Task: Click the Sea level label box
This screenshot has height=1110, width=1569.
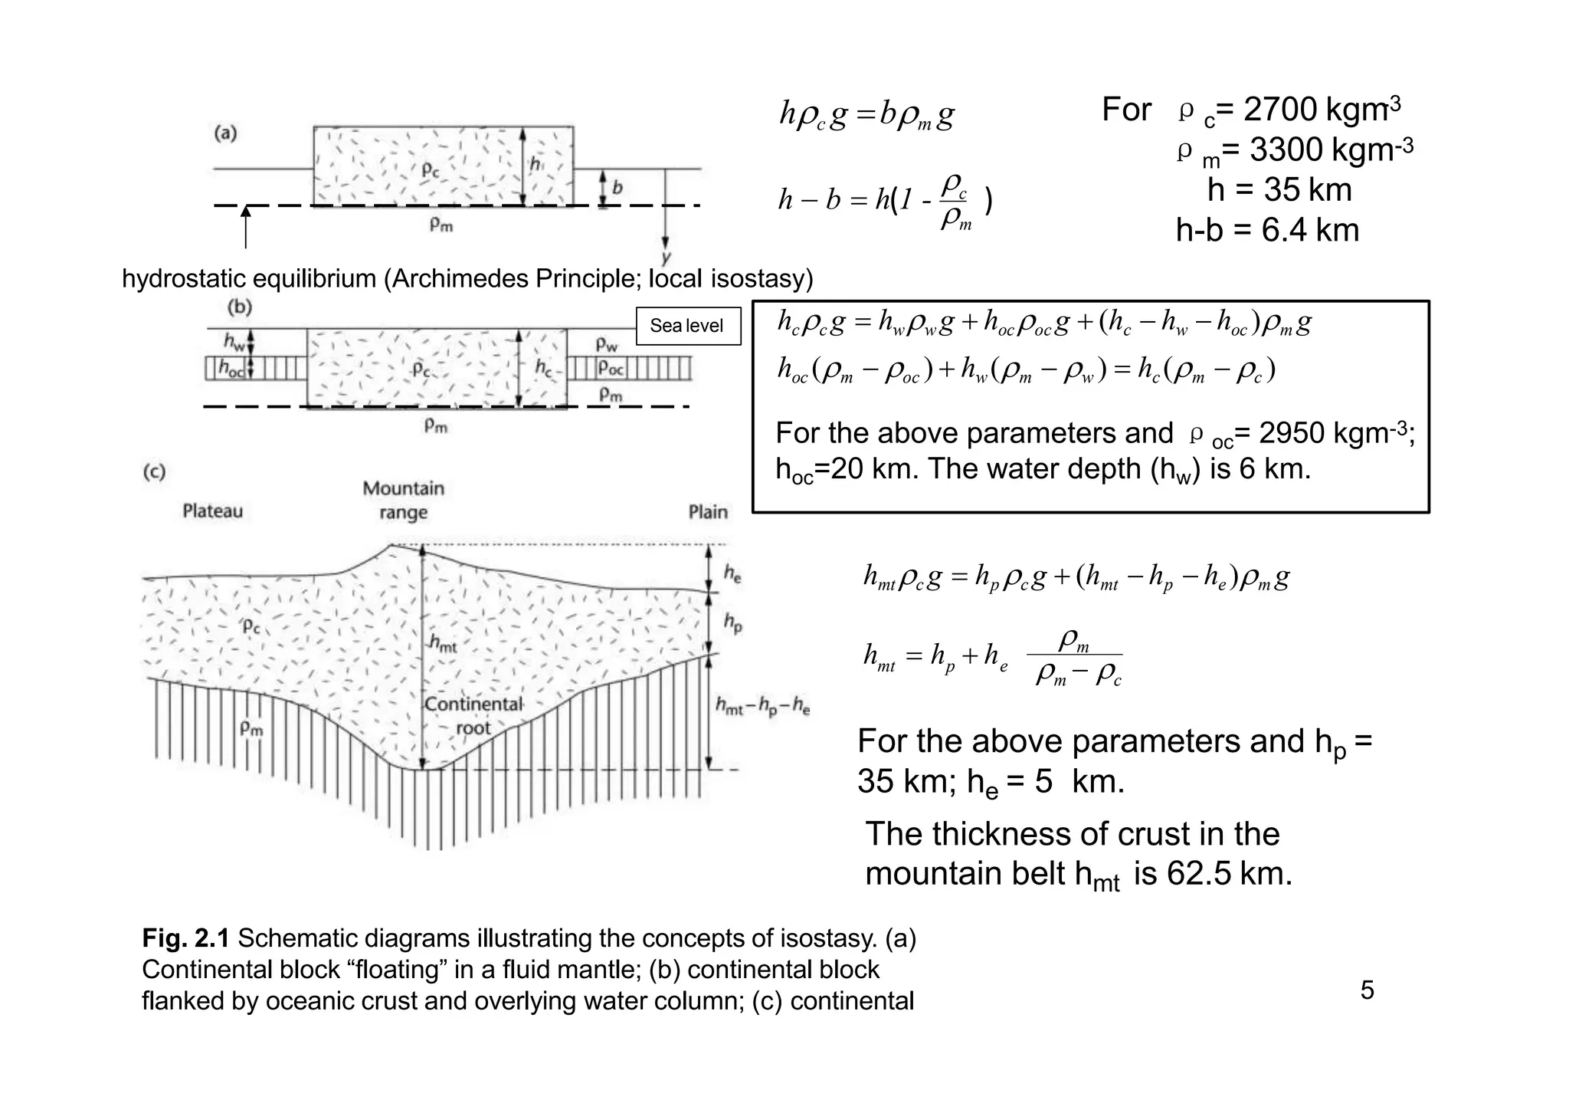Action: (x=687, y=326)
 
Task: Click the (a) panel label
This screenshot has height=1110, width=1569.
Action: (x=225, y=133)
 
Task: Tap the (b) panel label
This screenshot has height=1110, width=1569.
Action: (x=240, y=307)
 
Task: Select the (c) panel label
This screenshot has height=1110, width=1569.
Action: (x=154, y=471)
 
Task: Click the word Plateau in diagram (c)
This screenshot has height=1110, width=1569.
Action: (x=212, y=511)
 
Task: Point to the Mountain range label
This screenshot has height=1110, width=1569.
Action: (x=403, y=500)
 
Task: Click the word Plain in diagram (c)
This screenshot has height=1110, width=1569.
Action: (x=707, y=511)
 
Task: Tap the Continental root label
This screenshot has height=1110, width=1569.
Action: (x=473, y=715)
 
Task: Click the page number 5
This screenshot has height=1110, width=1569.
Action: (x=1367, y=990)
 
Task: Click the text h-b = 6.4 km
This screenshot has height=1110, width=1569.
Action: (x=1267, y=230)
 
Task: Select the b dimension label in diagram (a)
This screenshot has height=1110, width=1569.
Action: (x=617, y=187)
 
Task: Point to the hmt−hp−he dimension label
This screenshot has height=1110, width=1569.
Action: (x=762, y=706)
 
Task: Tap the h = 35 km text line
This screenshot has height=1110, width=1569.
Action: (x=1279, y=189)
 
